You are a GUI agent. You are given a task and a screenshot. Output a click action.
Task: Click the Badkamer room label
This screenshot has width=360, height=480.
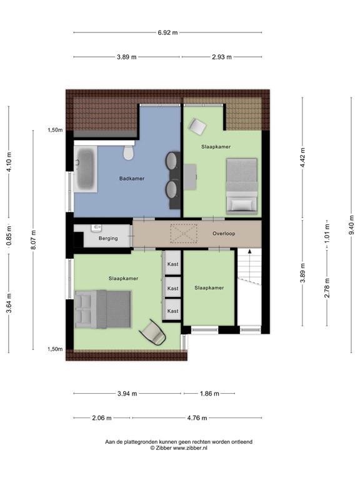click(x=132, y=179)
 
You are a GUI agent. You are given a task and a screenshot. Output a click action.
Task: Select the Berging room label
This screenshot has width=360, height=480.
click(x=108, y=238)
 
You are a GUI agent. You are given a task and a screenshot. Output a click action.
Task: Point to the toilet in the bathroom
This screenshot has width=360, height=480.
click(x=127, y=152)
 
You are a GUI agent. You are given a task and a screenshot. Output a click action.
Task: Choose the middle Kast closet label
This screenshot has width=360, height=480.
click(x=173, y=288)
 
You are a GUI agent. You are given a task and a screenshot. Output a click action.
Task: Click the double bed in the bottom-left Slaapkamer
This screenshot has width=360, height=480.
click(x=102, y=309)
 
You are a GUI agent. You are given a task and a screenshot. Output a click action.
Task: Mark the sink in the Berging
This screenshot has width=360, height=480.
click(x=96, y=227)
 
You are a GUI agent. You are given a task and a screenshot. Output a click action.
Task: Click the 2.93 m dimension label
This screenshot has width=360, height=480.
click(x=221, y=57)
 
